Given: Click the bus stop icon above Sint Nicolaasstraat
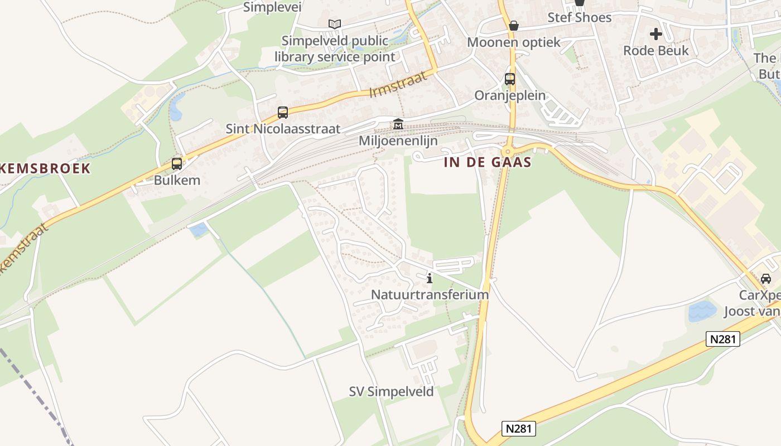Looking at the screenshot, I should tap(283, 113).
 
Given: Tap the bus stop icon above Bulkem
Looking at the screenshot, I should tap(177, 164).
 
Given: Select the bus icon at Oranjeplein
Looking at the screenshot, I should tap(510, 79).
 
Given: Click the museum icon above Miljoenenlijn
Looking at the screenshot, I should tap(398, 124).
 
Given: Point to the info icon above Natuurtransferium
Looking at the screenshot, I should tap(430, 278).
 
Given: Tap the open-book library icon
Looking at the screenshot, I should tap(335, 24).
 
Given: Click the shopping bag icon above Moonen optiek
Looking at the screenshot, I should tap(514, 26).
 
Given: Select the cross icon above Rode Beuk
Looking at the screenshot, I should tap(656, 34).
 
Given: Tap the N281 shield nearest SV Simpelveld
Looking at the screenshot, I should tap(519, 428).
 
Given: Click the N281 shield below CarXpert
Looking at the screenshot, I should tap(722, 338).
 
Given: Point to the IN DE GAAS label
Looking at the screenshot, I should tap(488, 163).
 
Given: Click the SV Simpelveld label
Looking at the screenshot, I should tap(391, 392).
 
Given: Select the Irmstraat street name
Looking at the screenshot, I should tap(398, 84).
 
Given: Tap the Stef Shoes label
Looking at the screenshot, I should tap(579, 17).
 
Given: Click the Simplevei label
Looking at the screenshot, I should tap(272, 7).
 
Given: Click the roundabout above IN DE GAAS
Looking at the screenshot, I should tap(507, 151).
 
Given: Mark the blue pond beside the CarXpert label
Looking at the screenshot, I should tap(702, 311).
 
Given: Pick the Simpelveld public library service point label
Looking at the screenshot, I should tap(335, 49).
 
